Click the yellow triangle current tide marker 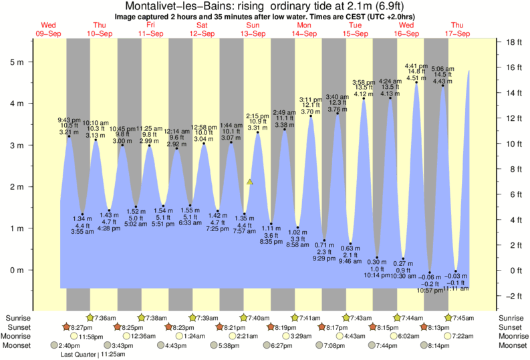(x=249, y=181)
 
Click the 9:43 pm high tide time (x=68, y=120)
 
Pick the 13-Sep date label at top (x=253, y=33)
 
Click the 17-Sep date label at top (x=456, y=33)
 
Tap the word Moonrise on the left (x=20, y=337)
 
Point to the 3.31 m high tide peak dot (x=258, y=132)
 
